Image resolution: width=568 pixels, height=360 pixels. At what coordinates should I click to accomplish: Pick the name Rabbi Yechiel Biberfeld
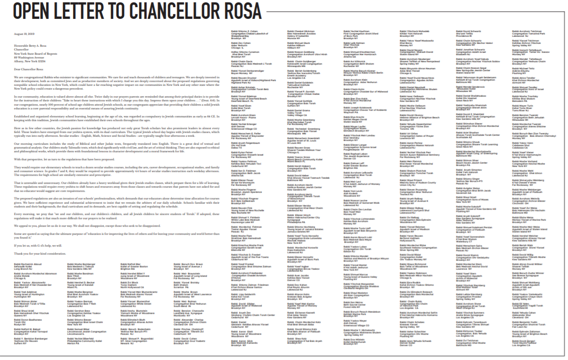pyautogui.click(x=81, y=339)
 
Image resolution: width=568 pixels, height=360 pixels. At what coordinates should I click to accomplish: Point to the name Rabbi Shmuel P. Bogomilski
pyautogui.click(x=136, y=339)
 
